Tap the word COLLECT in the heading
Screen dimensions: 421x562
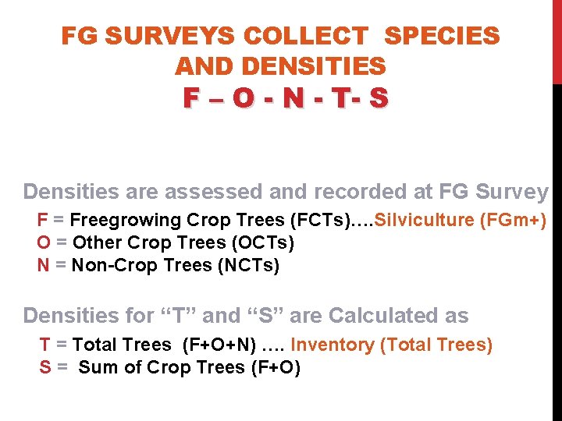point(305,36)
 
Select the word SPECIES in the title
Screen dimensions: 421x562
point(443,36)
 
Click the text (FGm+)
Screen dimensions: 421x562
point(513,220)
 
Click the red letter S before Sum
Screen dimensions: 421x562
point(45,367)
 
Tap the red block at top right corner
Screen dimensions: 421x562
point(557,39)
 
